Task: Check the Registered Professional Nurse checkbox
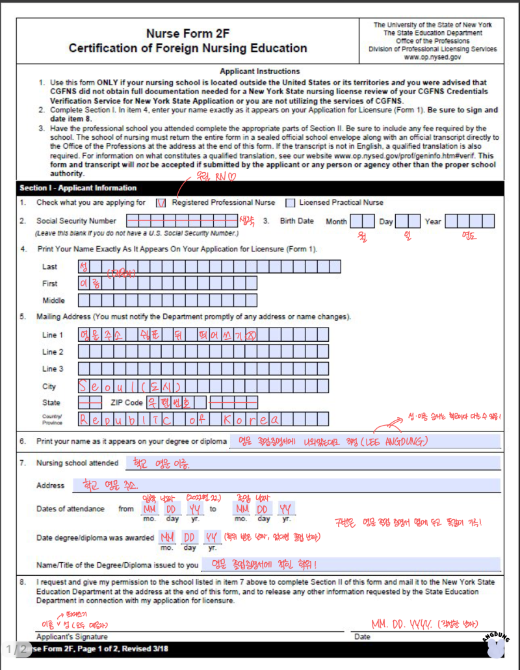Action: pos(162,203)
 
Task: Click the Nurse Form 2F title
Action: pos(188,34)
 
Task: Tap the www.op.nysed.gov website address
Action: pos(432,57)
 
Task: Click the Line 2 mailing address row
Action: pos(203,352)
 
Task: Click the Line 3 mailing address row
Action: pos(203,369)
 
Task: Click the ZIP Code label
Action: pos(127,403)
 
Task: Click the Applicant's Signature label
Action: pos(72,637)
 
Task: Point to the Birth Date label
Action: pos(296,221)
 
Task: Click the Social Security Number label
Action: pos(77,221)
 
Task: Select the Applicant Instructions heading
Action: pos(260,71)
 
